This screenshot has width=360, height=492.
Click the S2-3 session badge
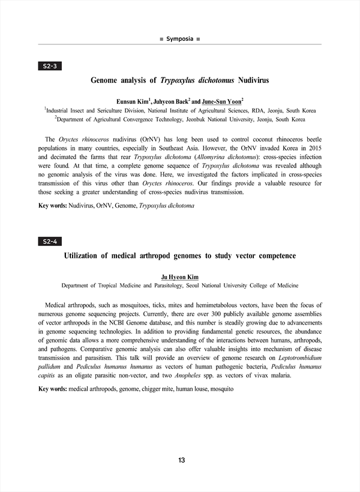[50, 65]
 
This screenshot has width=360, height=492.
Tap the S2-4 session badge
[50, 241]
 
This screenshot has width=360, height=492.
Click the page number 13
[181, 460]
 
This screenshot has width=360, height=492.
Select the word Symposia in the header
[180, 39]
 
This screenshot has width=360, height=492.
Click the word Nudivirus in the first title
[254, 80]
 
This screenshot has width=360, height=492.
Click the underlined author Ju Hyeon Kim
[180, 277]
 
